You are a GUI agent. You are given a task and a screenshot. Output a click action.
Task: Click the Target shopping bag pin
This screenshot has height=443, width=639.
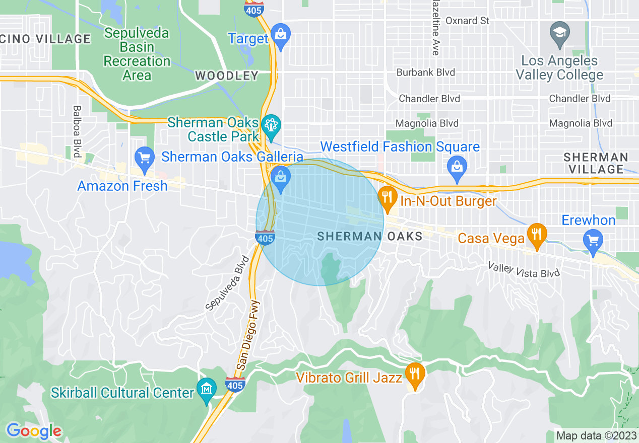(x=280, y=35)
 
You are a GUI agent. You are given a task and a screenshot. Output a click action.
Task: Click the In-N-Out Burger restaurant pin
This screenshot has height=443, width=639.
(x=387, y=197)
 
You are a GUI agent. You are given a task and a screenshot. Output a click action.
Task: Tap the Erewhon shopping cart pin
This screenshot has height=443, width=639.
(x=593, y=240)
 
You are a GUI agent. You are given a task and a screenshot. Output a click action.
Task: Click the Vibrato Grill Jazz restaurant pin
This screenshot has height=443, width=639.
(x=414, y=374)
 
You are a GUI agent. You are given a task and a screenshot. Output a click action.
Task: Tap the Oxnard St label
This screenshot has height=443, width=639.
(x=468, y=21)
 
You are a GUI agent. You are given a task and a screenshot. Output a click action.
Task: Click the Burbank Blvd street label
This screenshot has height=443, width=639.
(x=425, y=72)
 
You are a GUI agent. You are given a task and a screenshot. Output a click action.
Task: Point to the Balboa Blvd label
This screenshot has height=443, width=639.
(x=77, y=131)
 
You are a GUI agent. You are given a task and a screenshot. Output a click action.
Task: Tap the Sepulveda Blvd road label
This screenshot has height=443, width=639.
(x=228, y=283)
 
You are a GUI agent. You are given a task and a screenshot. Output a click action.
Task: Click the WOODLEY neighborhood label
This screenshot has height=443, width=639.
(x=226, y=76)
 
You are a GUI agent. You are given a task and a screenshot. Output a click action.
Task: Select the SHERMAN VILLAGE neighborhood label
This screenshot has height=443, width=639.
(x=596, y=163)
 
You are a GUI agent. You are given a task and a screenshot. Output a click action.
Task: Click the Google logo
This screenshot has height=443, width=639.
(x=34, y=431)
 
